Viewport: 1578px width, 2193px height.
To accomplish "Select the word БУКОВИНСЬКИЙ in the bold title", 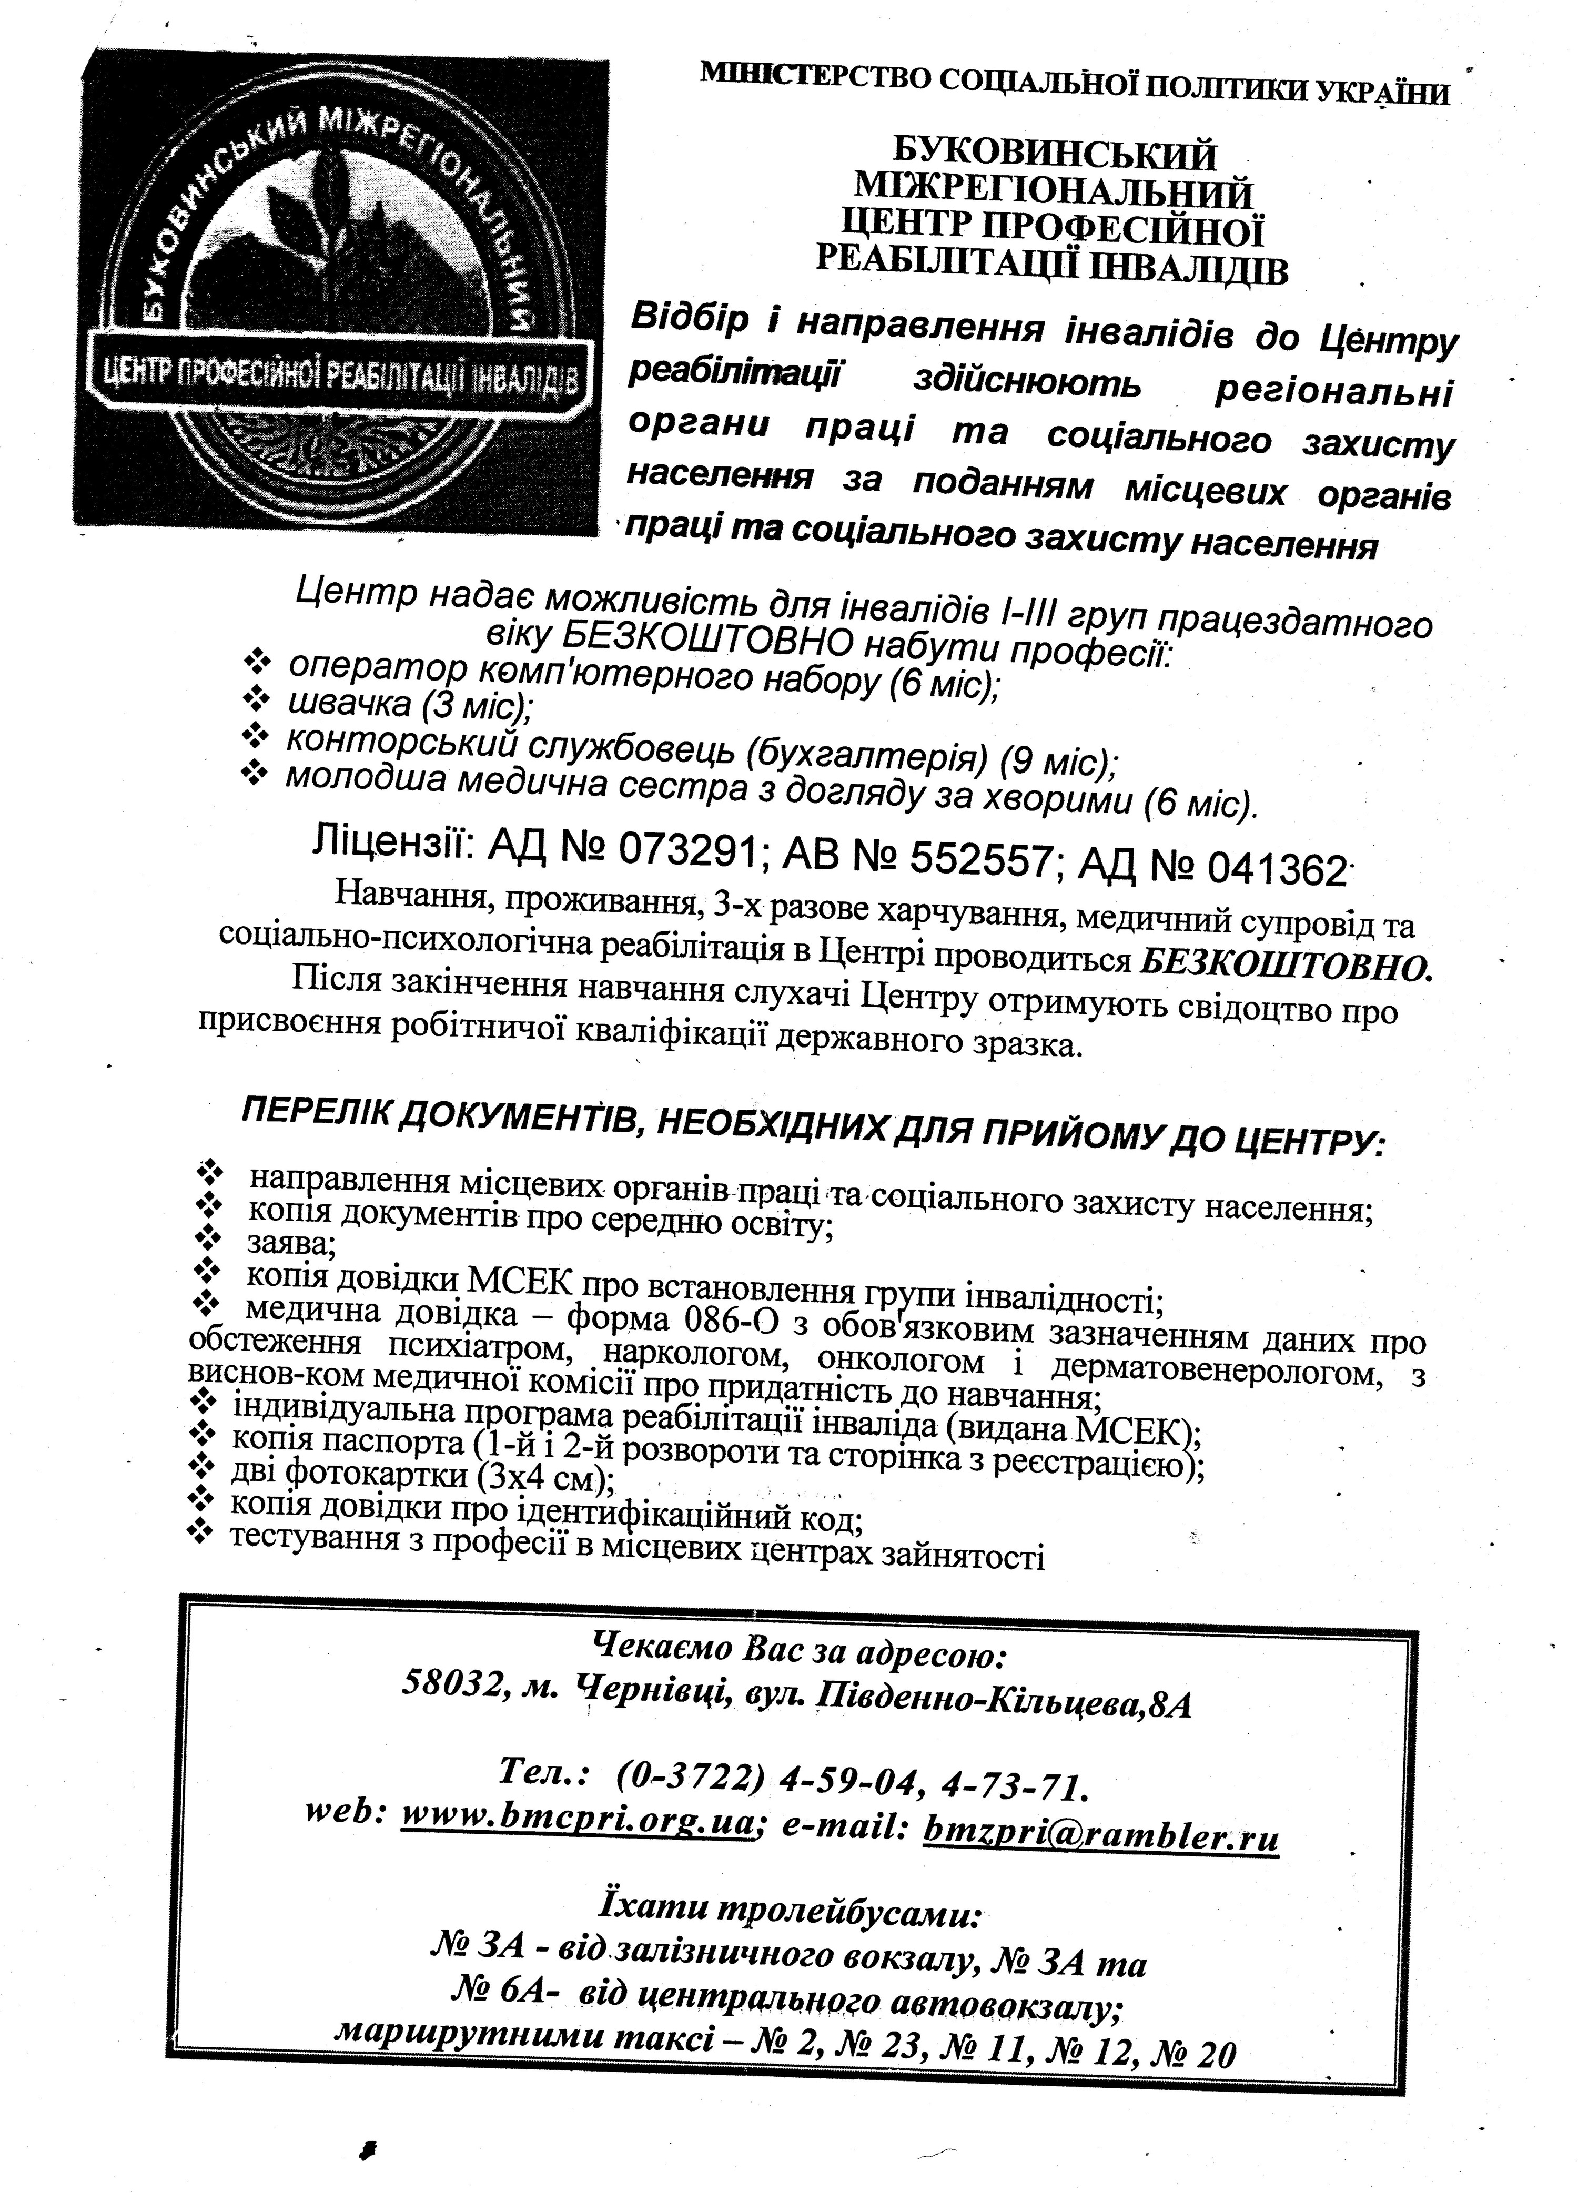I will (1053, 155).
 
